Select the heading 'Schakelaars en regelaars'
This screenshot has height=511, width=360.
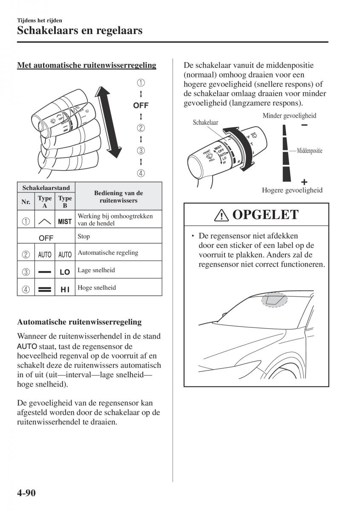pyautogui.click(x=80, y=30)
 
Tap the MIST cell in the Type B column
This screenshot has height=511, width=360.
pyautogui.click(x=65, y=221)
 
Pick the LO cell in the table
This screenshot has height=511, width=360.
pyautogui.click(x=65, y=271)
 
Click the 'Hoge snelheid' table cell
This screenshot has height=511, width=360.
pyautogui.click(x=90, y=288)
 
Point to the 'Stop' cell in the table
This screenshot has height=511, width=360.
pyautogui.click(x=84, y=236)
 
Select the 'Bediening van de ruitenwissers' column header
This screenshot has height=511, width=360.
pyautogui.click(x=118, y=197)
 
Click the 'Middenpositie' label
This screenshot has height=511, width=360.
pyautogui.click(x=309, y=151)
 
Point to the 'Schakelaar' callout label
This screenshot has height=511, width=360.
pyautogui.click(x=205, y=123)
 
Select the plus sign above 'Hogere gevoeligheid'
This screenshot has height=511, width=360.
pyautogui.click(x=304, y=180)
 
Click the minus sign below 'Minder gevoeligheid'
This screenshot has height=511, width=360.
pyautogui.click(x=304, y=125)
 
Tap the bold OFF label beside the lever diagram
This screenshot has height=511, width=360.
pyautogui.click(x=141, y=106)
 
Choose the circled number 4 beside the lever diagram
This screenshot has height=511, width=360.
pyautogui.click(x=141, y=173)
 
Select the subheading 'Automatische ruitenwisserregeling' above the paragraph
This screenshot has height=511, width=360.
pyautogui.click(x=79, y=322)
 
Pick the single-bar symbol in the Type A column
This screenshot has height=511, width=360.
pyautogui.click(x=45, y=271)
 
